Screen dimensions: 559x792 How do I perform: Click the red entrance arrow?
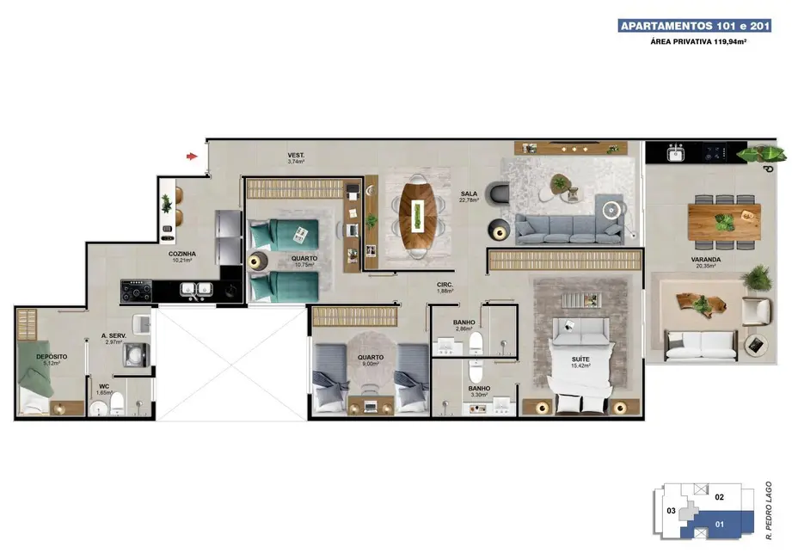click(193, 157)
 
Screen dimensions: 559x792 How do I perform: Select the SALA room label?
click(468, 195)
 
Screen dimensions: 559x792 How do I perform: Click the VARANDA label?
click(705, 259)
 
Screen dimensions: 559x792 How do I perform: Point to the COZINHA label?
click(182, 254)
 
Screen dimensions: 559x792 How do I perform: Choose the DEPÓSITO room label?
click(52, 356)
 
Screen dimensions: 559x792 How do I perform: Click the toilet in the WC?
click(117, 402)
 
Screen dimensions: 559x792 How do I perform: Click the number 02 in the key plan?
click(721, 497)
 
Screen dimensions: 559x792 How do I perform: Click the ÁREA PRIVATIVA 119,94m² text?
click(698, 41)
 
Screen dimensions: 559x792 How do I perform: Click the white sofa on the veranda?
click(702, 344)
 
